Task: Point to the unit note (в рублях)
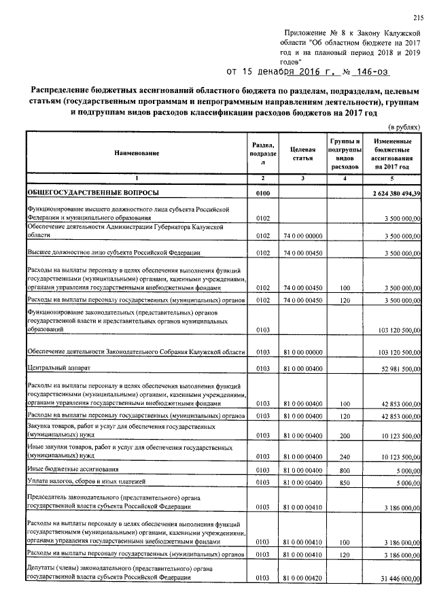(x=404, y=127)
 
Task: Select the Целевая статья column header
(x=302, y=154)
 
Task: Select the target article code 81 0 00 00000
(x=302, y=352)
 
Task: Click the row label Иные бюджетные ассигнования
(x=69, y=469)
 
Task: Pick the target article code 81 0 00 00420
(x=302, y=578)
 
